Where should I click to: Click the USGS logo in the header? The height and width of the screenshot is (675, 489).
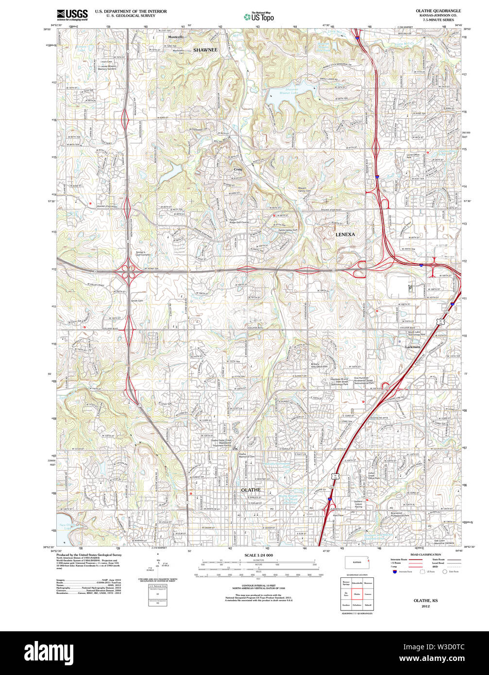click(x=72, y=15)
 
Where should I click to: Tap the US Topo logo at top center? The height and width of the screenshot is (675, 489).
click(x=258, y=17)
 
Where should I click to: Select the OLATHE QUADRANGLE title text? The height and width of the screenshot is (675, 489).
click(x=438, y=11)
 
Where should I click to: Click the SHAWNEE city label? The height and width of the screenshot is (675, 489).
click(x=205, y=50)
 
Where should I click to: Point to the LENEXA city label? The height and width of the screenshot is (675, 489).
click(x=345, y=234)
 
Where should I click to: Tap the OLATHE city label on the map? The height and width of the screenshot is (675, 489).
click(x=251, y=490)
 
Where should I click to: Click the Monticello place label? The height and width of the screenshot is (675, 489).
click(x=176, y=37)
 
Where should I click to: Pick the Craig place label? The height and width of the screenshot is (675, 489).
click(x=238, y=169)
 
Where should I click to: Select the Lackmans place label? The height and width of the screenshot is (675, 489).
click(x=413, y=347)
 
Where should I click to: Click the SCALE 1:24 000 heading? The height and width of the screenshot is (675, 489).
click(x=258, y=555)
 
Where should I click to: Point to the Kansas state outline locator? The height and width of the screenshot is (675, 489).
click(x=357, y=562)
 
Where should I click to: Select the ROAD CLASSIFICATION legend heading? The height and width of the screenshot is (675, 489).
click(x=425, y=555)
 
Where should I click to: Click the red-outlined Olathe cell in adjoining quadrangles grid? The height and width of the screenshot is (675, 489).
click(x=357, y=593)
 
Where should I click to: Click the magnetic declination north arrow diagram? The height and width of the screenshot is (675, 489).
click(x=158, y=567)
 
